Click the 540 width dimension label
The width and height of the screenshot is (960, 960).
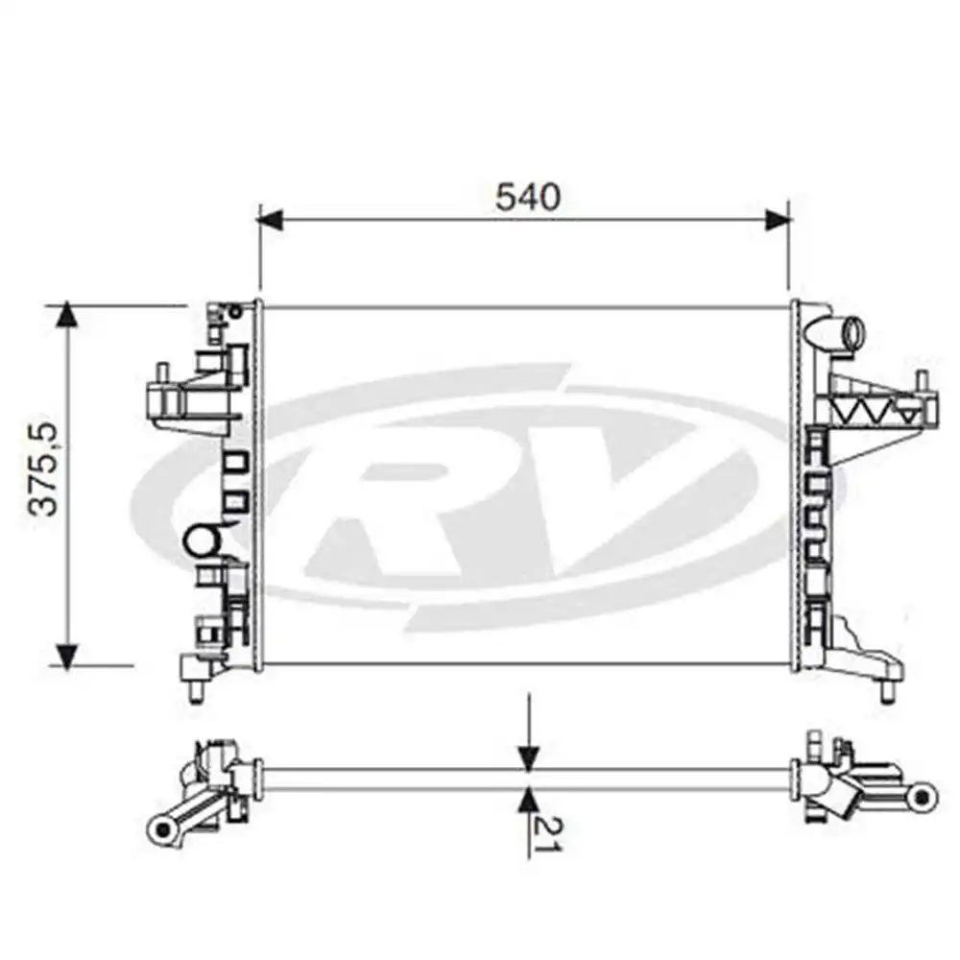(528, 197)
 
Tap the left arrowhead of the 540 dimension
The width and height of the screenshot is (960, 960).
(272, 220)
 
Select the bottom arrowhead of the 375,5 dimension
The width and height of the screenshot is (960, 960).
(67, 655)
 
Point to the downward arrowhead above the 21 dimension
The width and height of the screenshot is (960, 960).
(528, 758)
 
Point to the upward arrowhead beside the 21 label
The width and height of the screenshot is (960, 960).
(528, 802)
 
